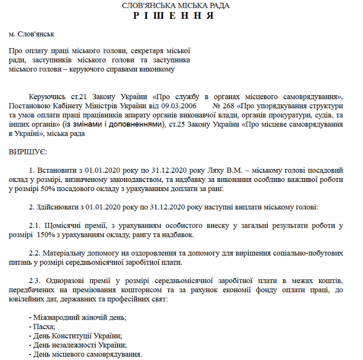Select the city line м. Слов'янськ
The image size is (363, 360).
(32, 35)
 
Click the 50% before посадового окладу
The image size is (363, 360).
(49, 188)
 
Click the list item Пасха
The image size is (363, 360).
(44, 327)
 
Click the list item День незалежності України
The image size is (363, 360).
(79, 345)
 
